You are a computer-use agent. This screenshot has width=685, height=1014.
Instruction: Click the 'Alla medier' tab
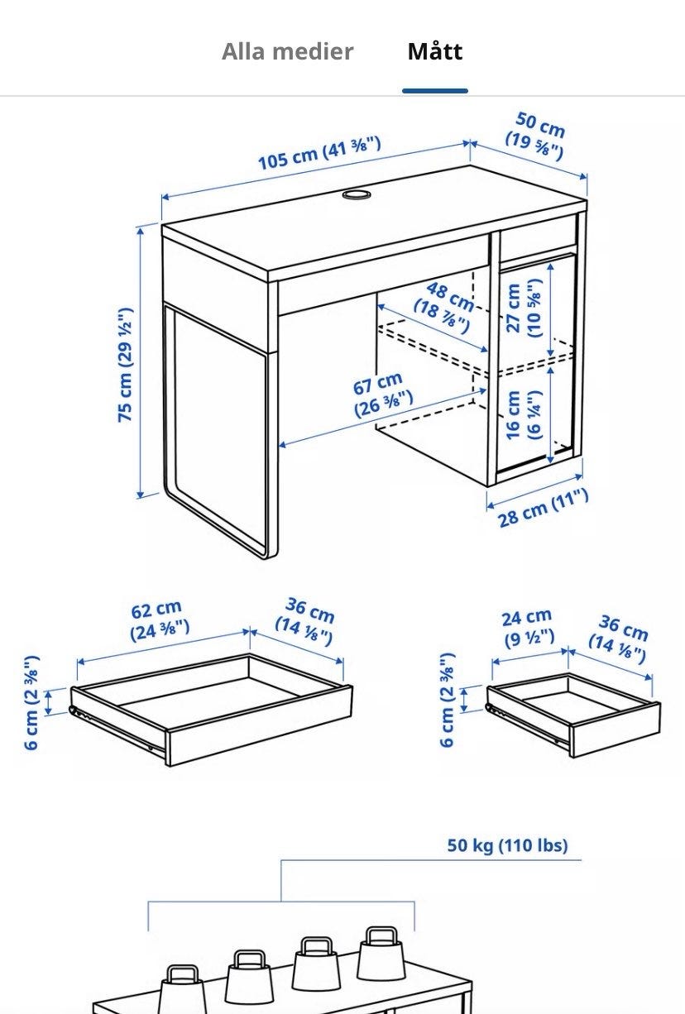pos(288,51)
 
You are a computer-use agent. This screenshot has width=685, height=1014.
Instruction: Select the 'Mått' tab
pos(435,51)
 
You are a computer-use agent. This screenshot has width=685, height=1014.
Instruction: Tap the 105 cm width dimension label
pos(319,152)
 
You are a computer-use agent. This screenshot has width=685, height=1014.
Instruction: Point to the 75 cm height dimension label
pos(125,365)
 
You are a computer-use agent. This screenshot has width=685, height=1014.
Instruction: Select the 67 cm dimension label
pos(382,395)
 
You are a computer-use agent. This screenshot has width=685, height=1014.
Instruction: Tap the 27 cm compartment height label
pos(524,308)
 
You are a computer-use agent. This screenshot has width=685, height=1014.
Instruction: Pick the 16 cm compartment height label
pos(524,414)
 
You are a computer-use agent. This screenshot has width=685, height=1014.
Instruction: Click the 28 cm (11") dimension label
pos(544,508)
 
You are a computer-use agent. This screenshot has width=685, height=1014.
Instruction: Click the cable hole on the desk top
pos(357,194)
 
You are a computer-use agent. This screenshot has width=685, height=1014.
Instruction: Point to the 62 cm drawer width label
pos(159,620)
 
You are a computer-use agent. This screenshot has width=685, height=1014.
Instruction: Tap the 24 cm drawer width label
pos(529,627)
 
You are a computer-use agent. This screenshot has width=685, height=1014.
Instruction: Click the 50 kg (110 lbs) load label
pos(507,845)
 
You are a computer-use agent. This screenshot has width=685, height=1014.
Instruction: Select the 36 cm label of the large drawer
pos(305,621)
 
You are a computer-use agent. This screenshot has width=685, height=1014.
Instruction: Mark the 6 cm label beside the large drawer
pos(31,702)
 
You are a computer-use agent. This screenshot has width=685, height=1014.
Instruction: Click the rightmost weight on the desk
pos(381,952)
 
